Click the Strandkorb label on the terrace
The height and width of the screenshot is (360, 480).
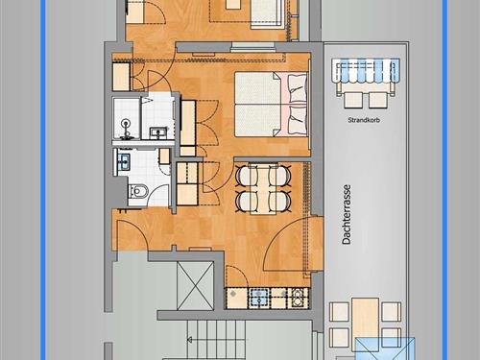tap(364, 120)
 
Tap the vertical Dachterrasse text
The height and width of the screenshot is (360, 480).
tap(347, 214)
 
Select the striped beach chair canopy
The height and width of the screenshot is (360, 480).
tap(366, 70)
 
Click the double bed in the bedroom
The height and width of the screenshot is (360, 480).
tap(272, 105)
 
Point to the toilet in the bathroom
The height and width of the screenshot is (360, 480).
tap(138, 191)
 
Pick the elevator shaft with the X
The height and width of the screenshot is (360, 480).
tap(195, 286)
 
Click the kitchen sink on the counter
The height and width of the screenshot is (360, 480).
tap(259, 298)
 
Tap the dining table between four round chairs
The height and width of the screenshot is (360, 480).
tap(263, 189)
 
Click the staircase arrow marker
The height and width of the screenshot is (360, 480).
tap(189, 340)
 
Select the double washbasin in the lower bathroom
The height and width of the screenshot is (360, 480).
tap(123, 161)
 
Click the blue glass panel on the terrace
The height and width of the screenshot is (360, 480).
tap(385, 348)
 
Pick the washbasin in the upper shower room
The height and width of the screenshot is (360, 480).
tap(159, 132)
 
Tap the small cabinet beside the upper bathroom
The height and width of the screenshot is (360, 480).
tap(121, 77)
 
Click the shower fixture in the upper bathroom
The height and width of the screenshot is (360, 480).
tap(127, 124)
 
